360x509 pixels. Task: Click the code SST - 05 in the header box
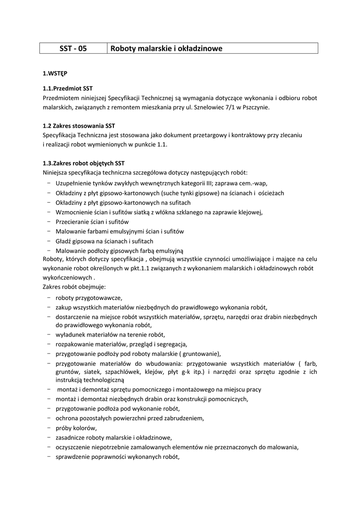point(73,48)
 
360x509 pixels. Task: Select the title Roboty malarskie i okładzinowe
point(166,48)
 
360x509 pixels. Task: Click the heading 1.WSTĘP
point(55,74)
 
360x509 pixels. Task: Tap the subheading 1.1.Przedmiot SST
point(68,88)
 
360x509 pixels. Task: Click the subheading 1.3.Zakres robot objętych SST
point(84,163)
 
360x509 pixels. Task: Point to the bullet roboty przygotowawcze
point(89,298)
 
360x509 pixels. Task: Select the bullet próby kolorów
point(77,427)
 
